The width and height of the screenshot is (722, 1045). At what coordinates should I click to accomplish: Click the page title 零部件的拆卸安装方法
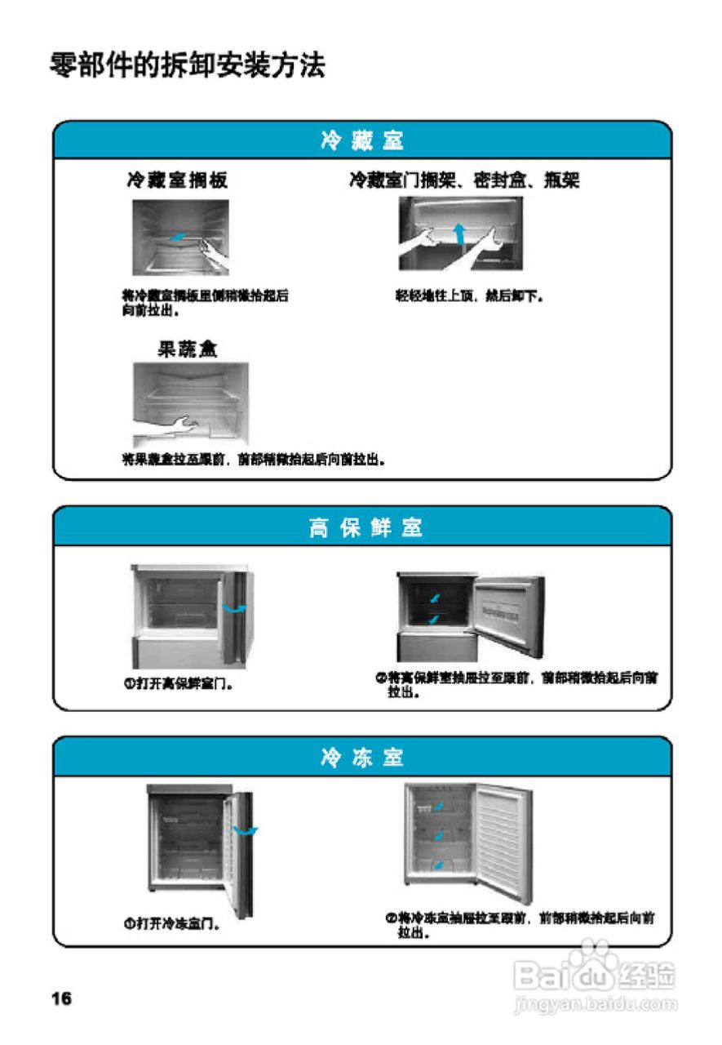tap(188, 65)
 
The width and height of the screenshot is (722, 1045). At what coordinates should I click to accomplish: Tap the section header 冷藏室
tap(362, 141)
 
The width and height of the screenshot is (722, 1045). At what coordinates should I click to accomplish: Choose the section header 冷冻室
tap(362, 758)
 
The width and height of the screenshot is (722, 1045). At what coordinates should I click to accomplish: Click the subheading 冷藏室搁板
tap(177, 180)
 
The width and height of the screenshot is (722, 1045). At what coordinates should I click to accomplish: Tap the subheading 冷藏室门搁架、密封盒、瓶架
tap(464, 180)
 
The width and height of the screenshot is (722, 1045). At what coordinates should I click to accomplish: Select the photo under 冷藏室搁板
tap(181, 238)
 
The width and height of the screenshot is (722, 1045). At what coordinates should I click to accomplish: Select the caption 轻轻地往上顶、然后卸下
tap(470, 296)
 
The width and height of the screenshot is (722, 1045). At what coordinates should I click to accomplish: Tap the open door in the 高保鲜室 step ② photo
tap(508, 612)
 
